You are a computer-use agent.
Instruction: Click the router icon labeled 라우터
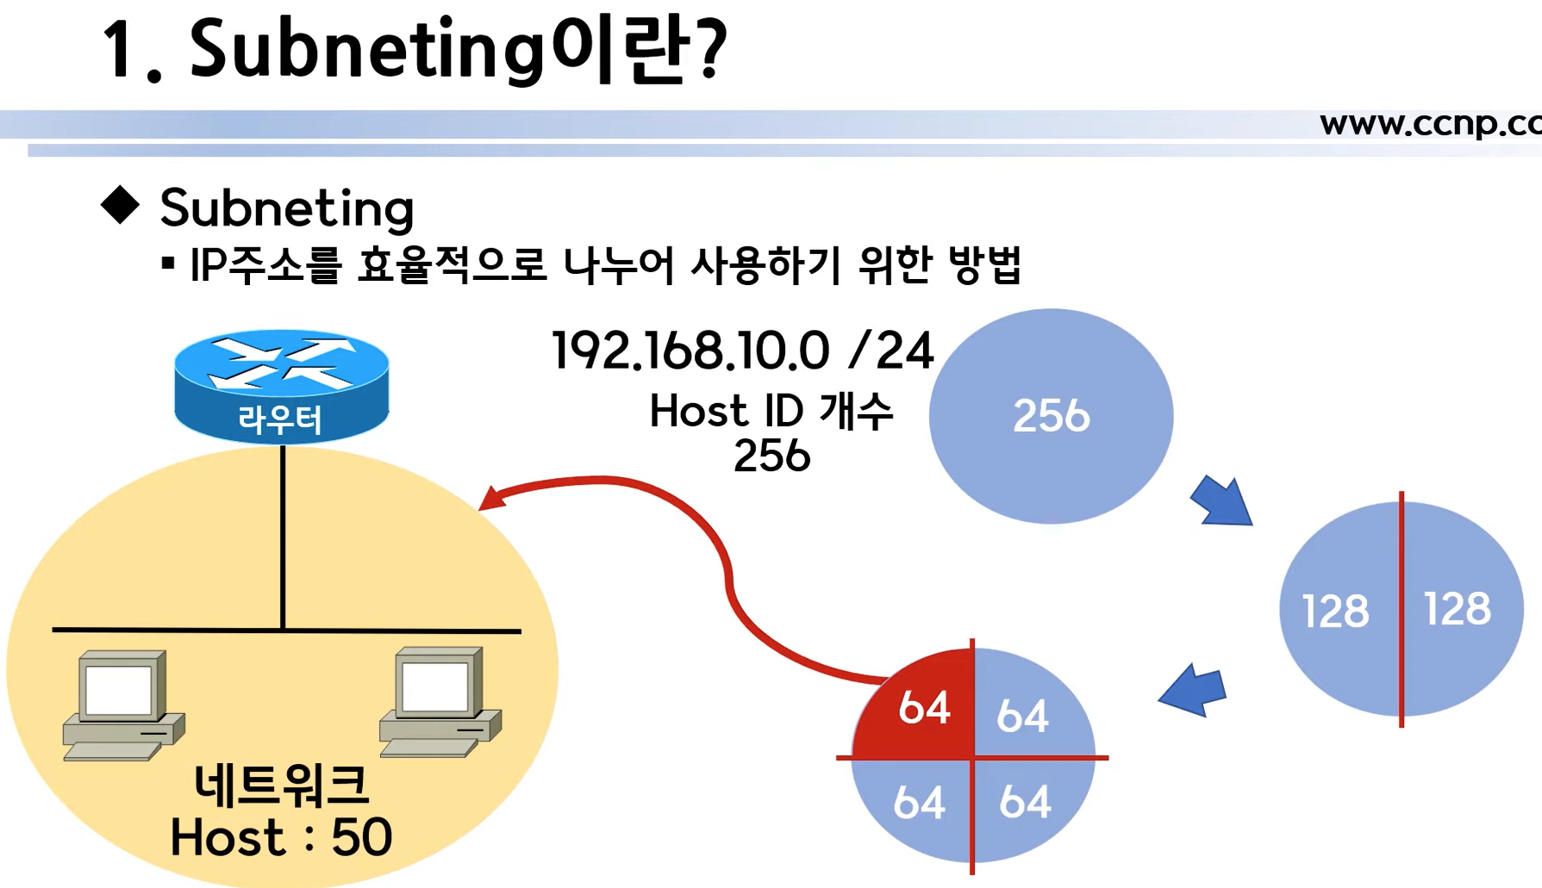[281, 385]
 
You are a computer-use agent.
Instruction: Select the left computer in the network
[123, 705]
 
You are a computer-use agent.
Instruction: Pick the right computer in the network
[440, 701]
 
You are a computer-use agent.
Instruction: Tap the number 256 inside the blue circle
[1051, 416]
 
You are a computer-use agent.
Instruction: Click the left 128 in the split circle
[1334, 612]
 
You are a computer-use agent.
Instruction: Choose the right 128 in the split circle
[1457, 609]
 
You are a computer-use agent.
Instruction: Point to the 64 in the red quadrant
[924, 708]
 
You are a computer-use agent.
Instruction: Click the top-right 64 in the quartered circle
[1022, 716]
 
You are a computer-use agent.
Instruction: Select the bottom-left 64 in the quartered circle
[919, 803]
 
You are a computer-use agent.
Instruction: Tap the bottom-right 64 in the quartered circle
[1025, 802]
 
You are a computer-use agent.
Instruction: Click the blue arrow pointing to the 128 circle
[1222, 501]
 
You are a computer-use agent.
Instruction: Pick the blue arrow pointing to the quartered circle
[1193, 690]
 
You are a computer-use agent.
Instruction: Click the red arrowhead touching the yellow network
[490, 499]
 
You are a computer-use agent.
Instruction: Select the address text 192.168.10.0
[690, 351]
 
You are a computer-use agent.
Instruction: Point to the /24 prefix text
[890, 351]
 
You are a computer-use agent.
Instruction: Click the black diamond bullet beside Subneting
[120, 205]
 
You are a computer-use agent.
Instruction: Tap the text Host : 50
[281, 837]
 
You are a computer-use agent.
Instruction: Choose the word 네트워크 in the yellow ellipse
[281, 785]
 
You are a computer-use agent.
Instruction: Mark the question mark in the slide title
[713, 50]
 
